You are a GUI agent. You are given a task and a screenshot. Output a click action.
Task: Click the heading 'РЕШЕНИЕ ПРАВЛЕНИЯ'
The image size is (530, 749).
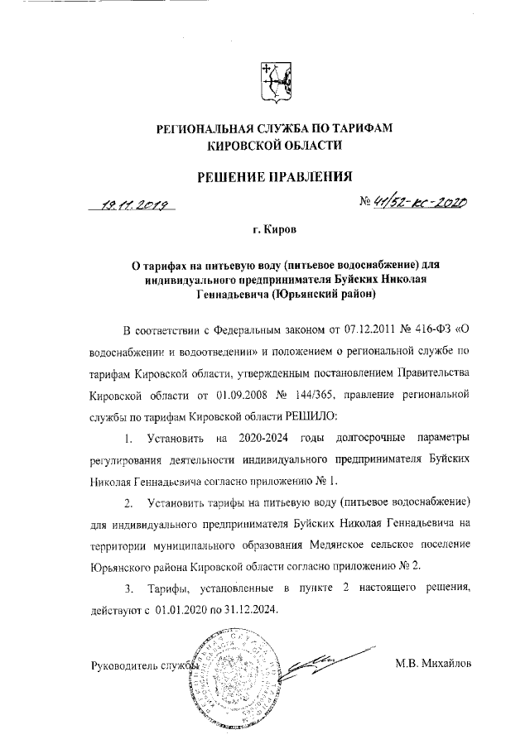(272, 175)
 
